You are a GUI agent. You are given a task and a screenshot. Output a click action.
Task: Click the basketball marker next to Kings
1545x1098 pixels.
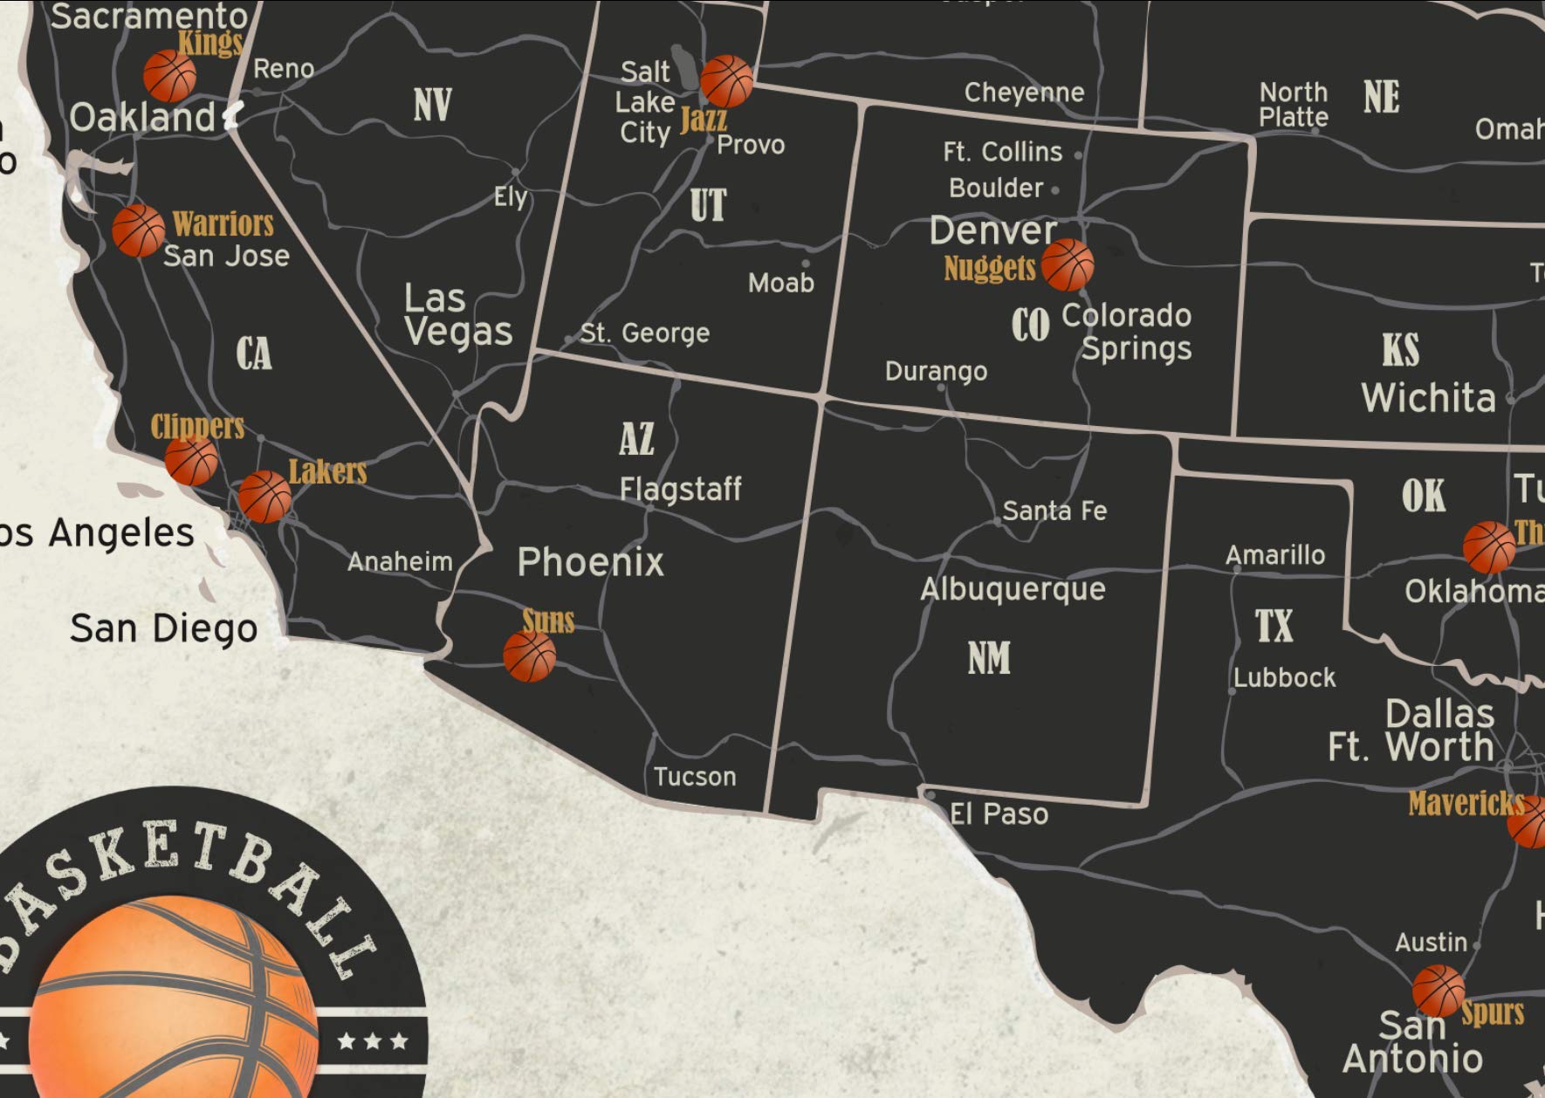169,75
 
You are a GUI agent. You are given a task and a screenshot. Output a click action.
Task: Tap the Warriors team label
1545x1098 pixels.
223,224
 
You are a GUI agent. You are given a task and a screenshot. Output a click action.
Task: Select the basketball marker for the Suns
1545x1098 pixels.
529,655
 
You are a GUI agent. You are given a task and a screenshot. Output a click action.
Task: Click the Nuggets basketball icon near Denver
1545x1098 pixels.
1067,264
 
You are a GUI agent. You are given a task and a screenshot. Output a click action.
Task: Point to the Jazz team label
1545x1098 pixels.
703,118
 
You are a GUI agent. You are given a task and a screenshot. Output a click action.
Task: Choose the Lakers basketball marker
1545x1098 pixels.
264,497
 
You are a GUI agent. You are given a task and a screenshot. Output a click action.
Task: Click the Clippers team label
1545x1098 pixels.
197,426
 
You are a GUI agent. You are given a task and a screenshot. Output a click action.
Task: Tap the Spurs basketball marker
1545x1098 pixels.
1438,991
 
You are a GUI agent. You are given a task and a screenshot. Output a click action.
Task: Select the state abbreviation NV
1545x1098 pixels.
432,105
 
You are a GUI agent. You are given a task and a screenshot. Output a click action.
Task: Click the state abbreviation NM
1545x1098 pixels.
989,658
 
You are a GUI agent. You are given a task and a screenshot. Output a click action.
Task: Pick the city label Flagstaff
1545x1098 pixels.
680,489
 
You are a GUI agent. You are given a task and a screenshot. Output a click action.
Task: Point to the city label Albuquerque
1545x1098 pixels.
1013,589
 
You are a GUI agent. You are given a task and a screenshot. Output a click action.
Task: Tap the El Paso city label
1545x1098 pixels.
999,814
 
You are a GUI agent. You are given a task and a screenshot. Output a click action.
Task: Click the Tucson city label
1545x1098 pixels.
695,776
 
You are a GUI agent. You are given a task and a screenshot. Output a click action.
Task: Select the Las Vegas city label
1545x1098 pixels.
457,315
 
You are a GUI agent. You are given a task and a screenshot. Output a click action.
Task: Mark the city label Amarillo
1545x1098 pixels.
1274,555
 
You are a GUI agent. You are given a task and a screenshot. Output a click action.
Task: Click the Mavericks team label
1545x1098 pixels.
1466,803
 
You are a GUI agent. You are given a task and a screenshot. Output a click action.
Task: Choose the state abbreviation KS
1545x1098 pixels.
1400,351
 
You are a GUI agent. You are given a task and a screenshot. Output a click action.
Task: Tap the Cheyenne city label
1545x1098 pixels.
1024,93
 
